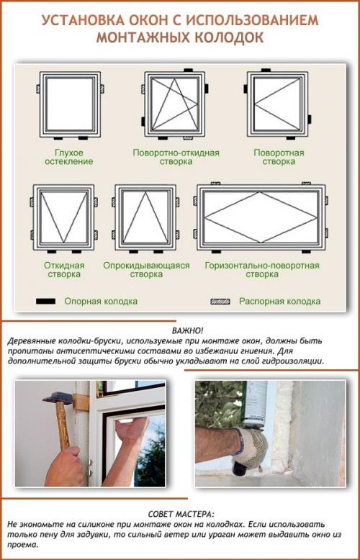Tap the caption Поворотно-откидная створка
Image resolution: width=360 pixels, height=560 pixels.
click(176, 158)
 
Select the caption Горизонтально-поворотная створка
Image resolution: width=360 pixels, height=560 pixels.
click(261, 270)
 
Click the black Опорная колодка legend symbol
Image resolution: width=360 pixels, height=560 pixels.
click(46, 302)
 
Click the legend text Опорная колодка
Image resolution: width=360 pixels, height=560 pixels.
click(101, 302)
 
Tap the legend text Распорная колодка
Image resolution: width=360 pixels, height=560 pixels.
click(279, 302)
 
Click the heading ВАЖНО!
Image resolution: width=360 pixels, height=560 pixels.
click(180, 328)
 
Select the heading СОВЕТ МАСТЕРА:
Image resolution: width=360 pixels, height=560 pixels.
click(180, 515)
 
